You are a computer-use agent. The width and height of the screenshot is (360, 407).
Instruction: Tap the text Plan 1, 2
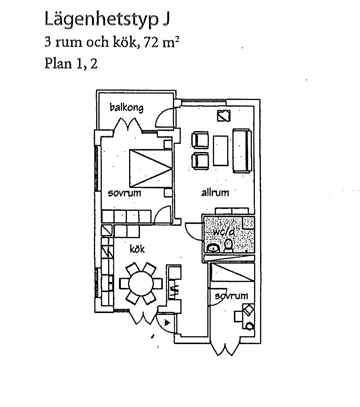coord(71,63)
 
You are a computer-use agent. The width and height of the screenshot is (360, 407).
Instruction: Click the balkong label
coord(126,108)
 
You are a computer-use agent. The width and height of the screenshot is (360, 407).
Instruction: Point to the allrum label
coord(215,193)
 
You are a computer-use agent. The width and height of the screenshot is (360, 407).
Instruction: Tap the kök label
coord(137,249)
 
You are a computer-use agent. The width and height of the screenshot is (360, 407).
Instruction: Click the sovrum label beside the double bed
coord(124,193)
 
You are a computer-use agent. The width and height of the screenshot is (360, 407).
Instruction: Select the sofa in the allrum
coord(241,151)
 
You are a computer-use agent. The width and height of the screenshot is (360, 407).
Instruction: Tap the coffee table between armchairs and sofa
coord(220,151)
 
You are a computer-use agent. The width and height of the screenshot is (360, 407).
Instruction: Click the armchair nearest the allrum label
coord(200,161)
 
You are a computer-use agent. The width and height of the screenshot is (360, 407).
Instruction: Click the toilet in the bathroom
coord(229,245)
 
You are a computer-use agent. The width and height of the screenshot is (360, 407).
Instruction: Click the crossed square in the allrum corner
coord(223,116)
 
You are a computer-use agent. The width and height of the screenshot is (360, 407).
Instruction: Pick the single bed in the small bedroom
coord(232,272)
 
